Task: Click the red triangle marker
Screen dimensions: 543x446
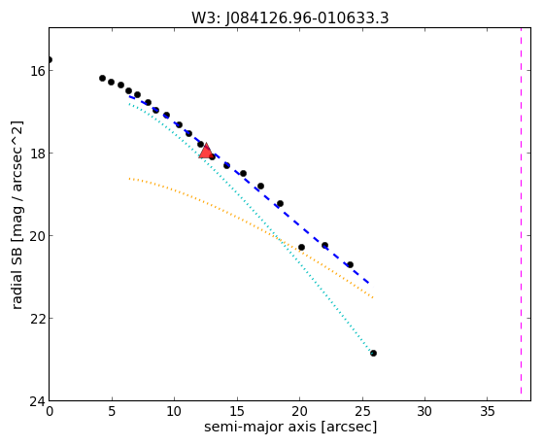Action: [206, 151]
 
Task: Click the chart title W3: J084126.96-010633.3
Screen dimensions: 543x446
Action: [290, 18]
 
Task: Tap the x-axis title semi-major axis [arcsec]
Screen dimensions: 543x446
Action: [290, 427]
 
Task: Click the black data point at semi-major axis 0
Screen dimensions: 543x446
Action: [50, 59]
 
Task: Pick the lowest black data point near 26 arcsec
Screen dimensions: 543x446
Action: [373, 353]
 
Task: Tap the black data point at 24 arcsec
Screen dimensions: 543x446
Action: [350, 264]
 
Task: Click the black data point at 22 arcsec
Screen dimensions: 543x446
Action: [324, 246]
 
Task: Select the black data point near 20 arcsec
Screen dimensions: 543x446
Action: [301, 247]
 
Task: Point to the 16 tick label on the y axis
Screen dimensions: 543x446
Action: [38, 71]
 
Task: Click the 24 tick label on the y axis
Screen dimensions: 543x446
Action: [38, 401]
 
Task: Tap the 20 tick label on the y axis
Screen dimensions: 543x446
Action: [38, 236]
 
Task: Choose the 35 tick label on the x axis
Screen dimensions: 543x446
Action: [487, 411]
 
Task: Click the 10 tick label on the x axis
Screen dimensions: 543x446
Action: [174, 411]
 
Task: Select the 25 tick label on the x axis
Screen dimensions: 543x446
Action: [362, 411]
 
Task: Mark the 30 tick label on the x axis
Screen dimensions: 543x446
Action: [424, 411]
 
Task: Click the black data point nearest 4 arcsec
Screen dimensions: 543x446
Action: [103, 79]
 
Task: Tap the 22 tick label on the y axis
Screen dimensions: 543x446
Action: [38, 319]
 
